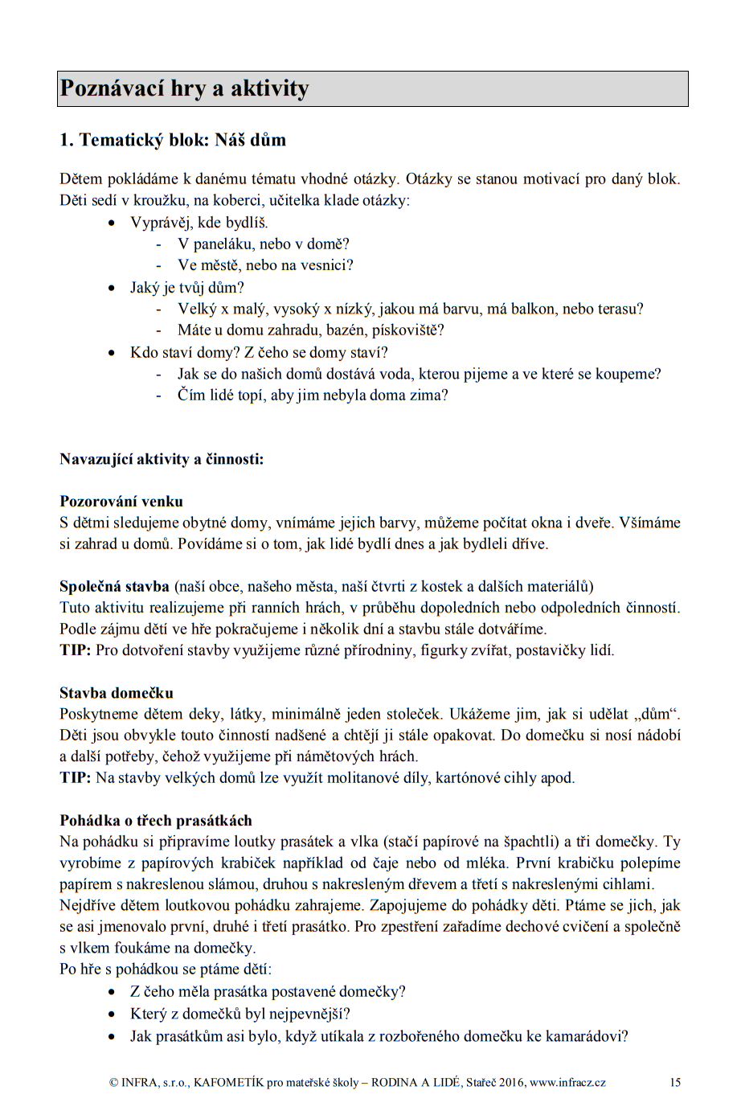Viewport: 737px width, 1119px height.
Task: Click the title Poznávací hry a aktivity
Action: click(x=184, y=88)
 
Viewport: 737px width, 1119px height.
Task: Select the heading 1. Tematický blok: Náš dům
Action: click(x=173, y=140)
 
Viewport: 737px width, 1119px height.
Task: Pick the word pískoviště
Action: click(x=407, y=330)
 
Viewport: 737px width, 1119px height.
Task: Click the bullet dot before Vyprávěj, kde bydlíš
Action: click(x=112, y=223)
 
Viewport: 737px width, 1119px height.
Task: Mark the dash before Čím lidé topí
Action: click(x=159, y=396)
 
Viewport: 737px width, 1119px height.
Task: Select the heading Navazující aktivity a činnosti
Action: click(x=162, y=459)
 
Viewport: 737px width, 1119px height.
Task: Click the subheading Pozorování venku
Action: click(x=121, y=502)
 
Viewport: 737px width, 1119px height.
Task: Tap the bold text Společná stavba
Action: click(x=114, y=586)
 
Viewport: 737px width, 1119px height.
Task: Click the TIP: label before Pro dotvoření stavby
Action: click(x=75, y=650)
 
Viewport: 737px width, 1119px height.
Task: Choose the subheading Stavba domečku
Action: click(x=117, y=693)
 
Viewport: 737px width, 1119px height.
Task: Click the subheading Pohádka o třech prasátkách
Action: click(x=156, y=821)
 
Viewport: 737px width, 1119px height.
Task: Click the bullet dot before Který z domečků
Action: click(x=112, y=1014)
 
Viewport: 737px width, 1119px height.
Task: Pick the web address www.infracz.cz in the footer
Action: click(x=567, y=1082)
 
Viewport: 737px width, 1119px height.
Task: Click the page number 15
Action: click(x=675, y=1082)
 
